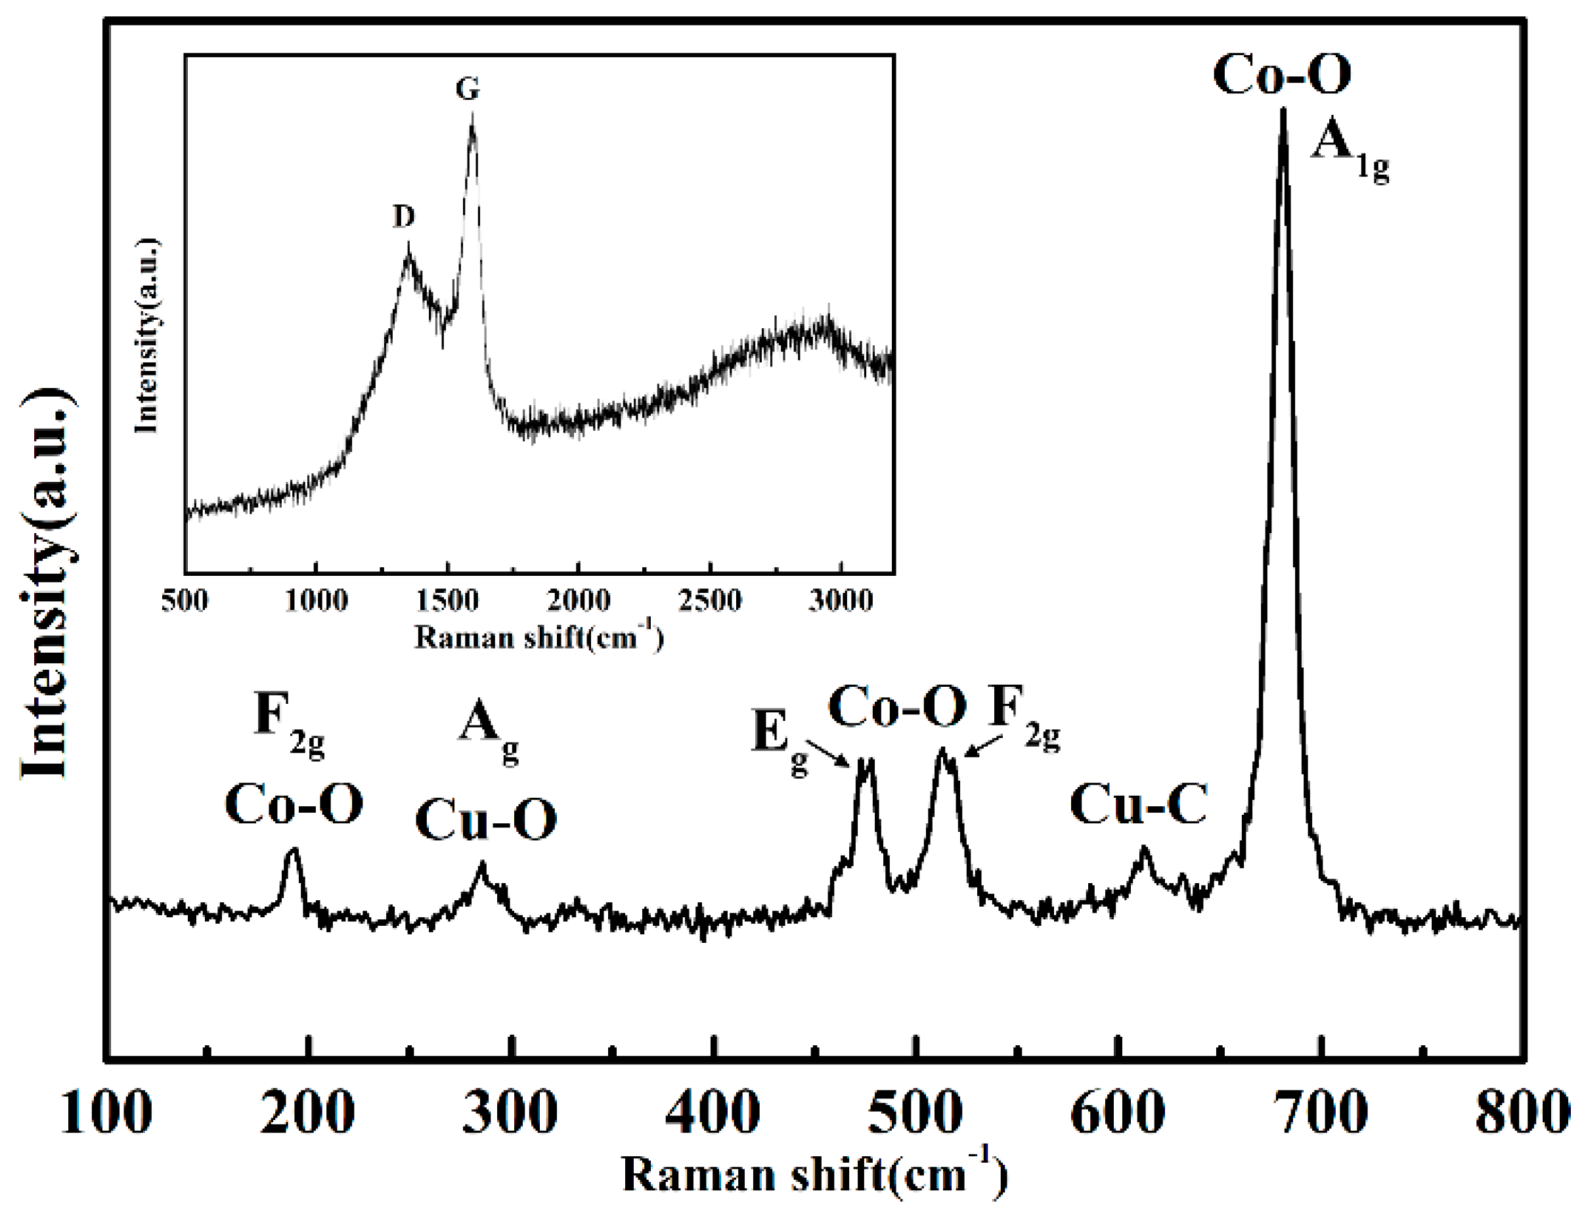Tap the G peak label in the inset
[x=468, y=89]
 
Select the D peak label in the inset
[x=404, y=216]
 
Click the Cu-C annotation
[x=1138, y=805]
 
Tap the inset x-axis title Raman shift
[x=539, y=638]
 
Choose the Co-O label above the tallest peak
[x=1281, y=75]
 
